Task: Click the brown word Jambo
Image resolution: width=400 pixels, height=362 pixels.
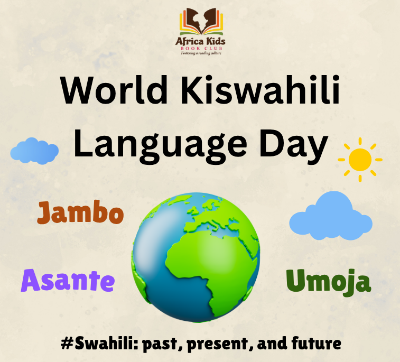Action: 80,214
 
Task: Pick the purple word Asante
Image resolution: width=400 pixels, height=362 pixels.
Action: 68,280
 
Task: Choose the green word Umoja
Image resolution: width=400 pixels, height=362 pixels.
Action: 328,281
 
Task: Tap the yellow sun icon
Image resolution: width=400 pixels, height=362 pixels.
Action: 360,159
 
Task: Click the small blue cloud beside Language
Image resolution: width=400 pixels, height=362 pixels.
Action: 34,151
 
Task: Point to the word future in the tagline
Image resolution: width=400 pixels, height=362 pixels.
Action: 315,344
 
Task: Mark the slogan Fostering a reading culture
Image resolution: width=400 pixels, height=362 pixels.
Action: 199,53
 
